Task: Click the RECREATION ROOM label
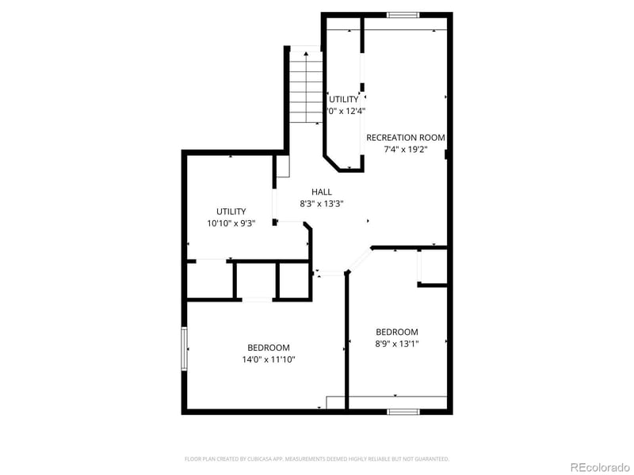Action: coord(406,138)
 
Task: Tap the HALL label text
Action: coord(322,192)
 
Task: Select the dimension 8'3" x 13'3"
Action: coord(322,203)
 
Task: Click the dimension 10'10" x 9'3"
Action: coord(231,223)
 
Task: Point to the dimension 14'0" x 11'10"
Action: coord(269,359)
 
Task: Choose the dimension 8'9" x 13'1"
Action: coord(397,344)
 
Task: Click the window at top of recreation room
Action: coord(403,15)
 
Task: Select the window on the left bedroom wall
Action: coord(185,349)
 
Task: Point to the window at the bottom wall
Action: coord(403,412)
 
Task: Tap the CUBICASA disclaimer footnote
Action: coord(317,458)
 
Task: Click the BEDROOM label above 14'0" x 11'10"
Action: coord(269,348)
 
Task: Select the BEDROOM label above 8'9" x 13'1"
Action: coord(397,332)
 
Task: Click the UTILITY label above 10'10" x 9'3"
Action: coord(231,211)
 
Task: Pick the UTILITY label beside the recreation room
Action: coord(344,99)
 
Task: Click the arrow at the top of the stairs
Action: coord(306,54)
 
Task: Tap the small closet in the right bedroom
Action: coord(433,267)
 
